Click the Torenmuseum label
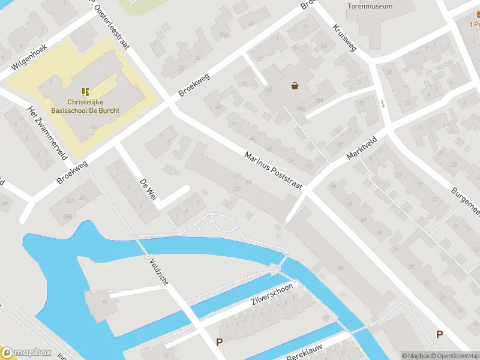coord(370,7)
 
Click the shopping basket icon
coord(295,86)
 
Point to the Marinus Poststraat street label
coord(273,172)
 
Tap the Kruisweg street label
coord(344,38)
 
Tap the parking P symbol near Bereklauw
coord(219,343)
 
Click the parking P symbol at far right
coord(440,335)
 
